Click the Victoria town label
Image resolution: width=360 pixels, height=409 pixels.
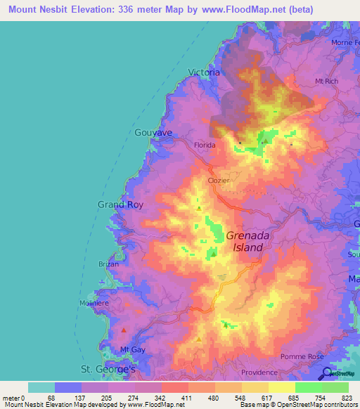click(205, 72)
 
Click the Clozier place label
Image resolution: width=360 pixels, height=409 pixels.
click(219, 181)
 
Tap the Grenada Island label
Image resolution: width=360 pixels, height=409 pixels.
click(245, 242)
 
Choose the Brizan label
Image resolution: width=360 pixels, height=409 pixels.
click(109, 264)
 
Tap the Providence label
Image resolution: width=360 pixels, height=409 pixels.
click(260, 372)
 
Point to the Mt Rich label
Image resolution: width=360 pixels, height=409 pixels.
click(327, 82)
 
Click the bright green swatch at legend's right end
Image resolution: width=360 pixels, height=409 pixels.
click(335, 387)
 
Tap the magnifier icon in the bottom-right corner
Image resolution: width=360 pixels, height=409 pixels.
click(327, 374)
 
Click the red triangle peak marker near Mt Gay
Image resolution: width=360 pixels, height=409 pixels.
click(124, 330)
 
